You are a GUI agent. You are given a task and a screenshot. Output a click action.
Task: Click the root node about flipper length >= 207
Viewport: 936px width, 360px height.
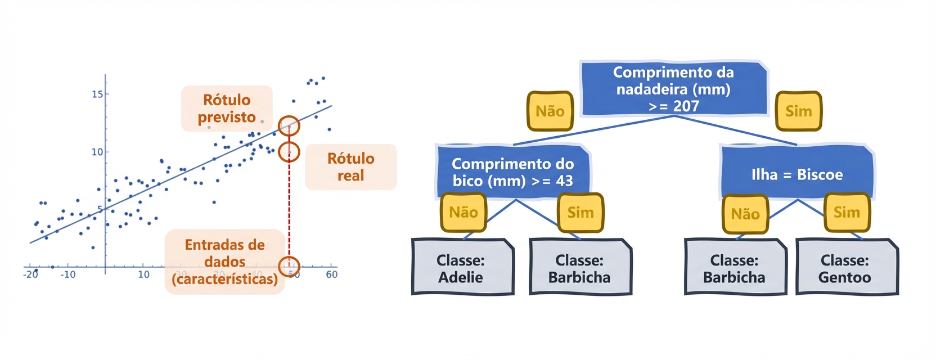tap(673, 89)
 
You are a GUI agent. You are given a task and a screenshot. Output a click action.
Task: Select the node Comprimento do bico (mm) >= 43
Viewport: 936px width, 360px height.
tap(512, 172)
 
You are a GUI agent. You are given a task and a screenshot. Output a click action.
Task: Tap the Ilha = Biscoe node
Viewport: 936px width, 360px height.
tap(796, 174)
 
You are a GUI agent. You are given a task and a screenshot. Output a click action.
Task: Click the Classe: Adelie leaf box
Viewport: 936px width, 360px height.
tap(461, 268)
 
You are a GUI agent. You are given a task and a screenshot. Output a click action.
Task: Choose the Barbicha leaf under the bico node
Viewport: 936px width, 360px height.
tap(579, 268)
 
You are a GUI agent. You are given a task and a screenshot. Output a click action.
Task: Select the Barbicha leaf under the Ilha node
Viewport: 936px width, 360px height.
tap(734, 268)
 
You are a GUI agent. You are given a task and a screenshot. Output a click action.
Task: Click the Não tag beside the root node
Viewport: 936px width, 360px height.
tap(550, 111)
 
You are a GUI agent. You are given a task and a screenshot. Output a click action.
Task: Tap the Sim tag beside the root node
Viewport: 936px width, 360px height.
tap(798, 111)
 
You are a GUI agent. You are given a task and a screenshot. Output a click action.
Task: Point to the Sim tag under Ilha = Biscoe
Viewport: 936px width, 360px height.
tap(847, 212)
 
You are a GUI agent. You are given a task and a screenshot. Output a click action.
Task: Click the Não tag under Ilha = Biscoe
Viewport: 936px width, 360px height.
tap(745, 214)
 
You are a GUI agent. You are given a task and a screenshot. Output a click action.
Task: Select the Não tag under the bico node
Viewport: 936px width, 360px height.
tap(463, 212)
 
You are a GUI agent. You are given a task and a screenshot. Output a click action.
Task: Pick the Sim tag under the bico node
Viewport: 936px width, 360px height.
tap(580, 213)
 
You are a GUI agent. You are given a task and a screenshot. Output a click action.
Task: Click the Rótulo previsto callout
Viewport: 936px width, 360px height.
tap(227, 109)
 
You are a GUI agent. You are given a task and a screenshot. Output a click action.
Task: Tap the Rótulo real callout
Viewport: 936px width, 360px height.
tap(350, 167)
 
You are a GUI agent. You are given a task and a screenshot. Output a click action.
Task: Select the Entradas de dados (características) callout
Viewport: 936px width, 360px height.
tap(224, 262)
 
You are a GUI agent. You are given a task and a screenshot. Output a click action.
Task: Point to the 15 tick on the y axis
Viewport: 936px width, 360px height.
tap(97, 94)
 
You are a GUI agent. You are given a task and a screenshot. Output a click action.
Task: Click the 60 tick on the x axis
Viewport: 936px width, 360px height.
tap(332, 274)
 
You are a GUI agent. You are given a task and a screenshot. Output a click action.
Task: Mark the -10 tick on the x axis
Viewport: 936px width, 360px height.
tap(68, 274)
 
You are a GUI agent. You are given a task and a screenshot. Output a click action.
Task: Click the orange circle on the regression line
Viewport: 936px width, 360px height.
tap(289, 126)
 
